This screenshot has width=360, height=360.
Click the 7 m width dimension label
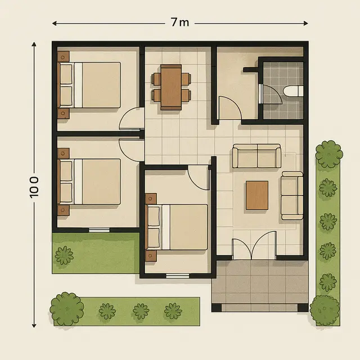click(180, 23)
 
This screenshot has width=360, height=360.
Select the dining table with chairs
click(170, 87)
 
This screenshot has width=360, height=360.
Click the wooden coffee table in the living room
click(257, 195)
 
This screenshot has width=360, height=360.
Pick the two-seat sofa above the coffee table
click(256, 156)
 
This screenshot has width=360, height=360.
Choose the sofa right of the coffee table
click(292, 195)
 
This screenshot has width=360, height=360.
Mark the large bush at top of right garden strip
click(329, 154)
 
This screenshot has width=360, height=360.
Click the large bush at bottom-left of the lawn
click(67, 307)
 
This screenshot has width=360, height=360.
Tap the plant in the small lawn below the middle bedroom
click(64, 255)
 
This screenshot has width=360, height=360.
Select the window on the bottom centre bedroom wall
click(177, 276)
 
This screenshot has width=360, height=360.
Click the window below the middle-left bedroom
click(99, 230)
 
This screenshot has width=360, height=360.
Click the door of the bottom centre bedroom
click(199, 177)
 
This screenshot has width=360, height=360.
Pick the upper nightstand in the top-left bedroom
click(63, 57)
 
